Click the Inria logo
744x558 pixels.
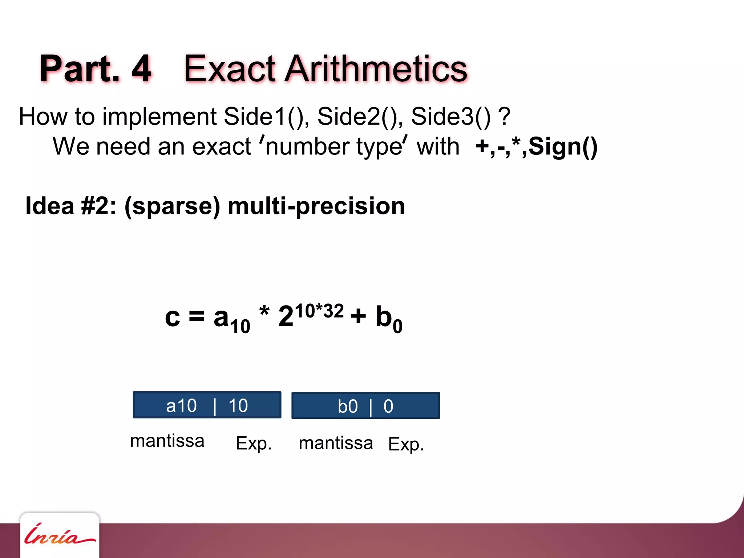59,535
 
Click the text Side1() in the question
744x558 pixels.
266,117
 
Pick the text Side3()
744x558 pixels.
450,117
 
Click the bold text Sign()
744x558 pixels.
563,146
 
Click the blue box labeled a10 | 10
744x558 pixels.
207,405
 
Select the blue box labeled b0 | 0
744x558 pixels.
365,406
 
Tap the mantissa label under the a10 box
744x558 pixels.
167,441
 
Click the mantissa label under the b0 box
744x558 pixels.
336,443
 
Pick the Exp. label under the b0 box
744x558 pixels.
406,444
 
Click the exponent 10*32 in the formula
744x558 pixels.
319,311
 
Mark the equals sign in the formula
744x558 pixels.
197,316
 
